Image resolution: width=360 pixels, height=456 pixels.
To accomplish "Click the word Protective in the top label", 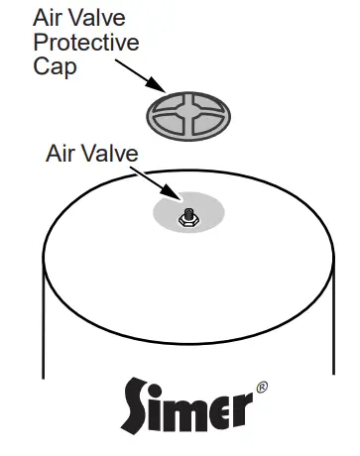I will (x=85, y=44).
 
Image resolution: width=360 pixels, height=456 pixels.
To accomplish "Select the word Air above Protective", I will (x=48, y=19).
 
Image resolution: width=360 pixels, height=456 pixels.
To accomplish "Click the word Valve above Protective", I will (x=105, y=19).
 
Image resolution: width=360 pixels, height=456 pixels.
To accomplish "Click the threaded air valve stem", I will (x=185, y=213).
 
